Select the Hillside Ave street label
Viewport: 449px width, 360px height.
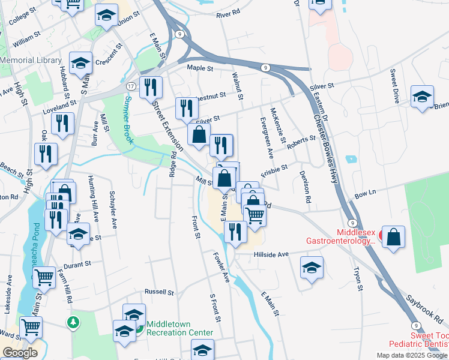point(271,254)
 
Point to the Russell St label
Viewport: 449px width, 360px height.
point(158,293)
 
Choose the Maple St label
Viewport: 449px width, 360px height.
point(200,68)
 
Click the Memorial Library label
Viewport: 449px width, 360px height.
point(31,60)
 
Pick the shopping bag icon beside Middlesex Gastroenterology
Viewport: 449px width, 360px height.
point(394,236)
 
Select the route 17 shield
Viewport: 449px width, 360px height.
point(130,86)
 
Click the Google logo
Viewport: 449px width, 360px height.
point(20,353)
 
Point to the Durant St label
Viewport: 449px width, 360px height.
point(79,263)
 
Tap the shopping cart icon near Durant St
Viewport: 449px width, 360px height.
point(44,277)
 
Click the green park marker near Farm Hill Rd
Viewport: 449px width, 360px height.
point(73,323)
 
